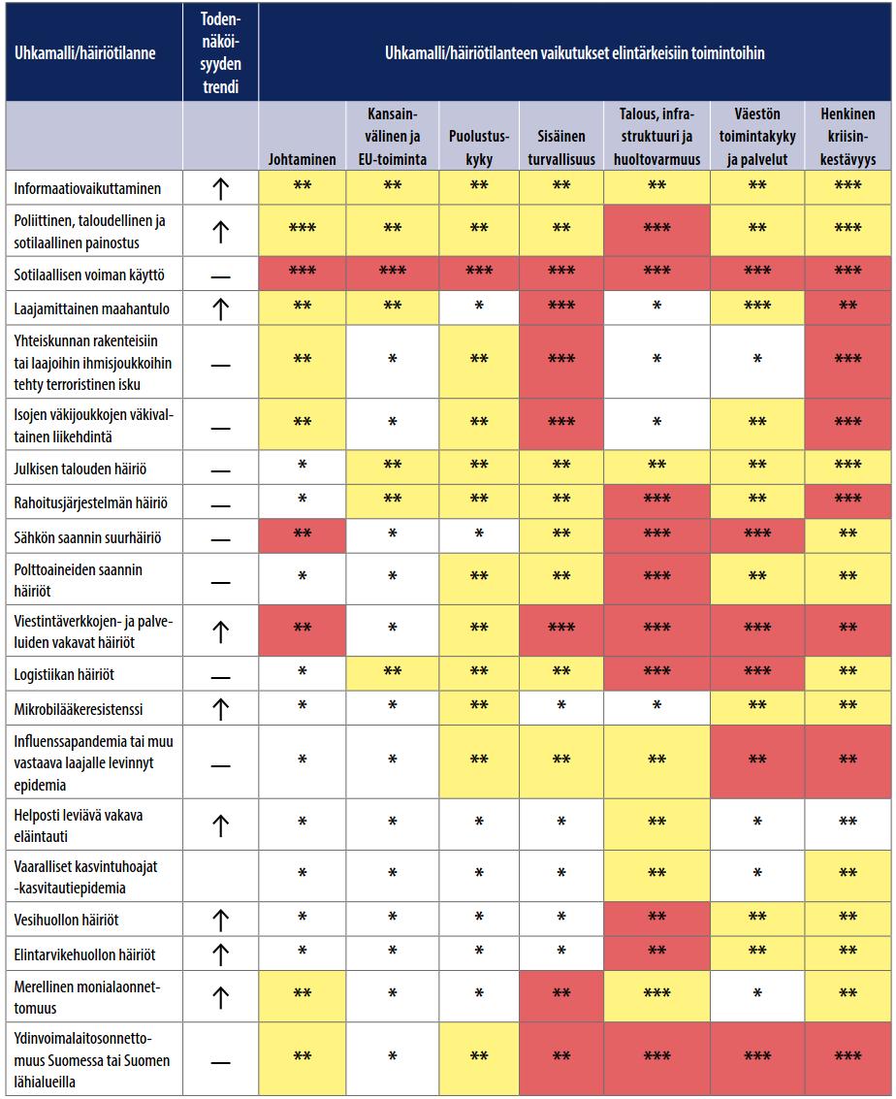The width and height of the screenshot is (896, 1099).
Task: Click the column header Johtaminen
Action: coord(302,159)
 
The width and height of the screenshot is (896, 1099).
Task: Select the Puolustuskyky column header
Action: coord(479,147)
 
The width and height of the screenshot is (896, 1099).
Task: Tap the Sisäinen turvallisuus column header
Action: coord(561,147)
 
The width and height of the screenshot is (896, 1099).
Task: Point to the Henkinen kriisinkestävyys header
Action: coord(848,136)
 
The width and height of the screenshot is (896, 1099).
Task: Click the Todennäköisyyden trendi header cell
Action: coord(221,52)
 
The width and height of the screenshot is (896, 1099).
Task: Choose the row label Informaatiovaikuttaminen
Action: coord(87,188)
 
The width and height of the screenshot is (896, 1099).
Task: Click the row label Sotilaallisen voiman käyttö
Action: coord(89,275)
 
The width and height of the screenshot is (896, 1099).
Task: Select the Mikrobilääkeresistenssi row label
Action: coord(79,709)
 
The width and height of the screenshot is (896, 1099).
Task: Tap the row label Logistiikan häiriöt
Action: coord(64,675)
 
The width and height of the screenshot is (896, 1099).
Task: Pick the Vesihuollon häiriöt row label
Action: coord(67,920)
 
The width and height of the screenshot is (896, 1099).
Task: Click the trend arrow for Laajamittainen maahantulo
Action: coord(221,309)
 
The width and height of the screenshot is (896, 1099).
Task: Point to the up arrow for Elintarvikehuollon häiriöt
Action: coord(221,954)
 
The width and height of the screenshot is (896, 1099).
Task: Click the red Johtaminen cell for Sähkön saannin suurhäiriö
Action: coord(302,536)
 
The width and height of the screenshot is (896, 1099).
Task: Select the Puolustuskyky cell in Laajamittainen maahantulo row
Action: coord(479,308)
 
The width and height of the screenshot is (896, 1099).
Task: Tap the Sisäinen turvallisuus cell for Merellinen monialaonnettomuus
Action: coord(561,996)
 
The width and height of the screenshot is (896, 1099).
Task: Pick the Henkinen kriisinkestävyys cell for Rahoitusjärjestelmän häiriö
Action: coord(848,501)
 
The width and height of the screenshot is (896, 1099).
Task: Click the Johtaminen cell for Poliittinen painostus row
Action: coord(302,230)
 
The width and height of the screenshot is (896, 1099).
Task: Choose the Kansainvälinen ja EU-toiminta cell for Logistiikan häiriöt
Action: coord(393,673)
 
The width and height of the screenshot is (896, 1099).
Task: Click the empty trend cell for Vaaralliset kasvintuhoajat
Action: coord(221,876)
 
